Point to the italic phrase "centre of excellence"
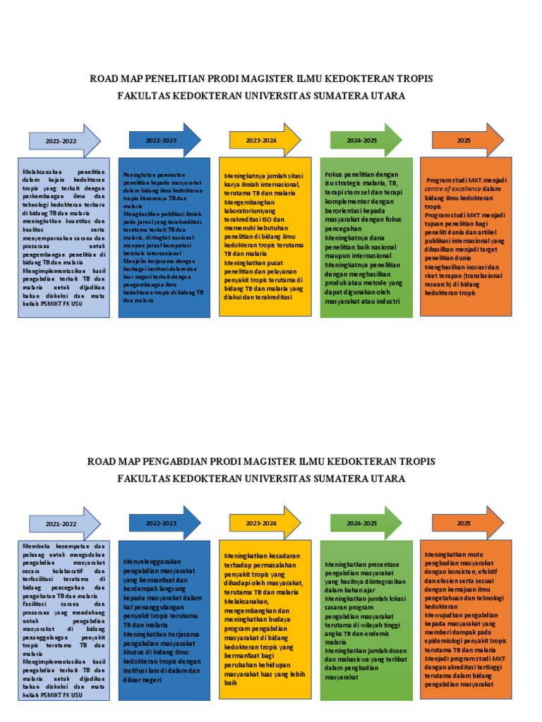tap(452, 189)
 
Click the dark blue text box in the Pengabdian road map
tap(165, 620)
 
